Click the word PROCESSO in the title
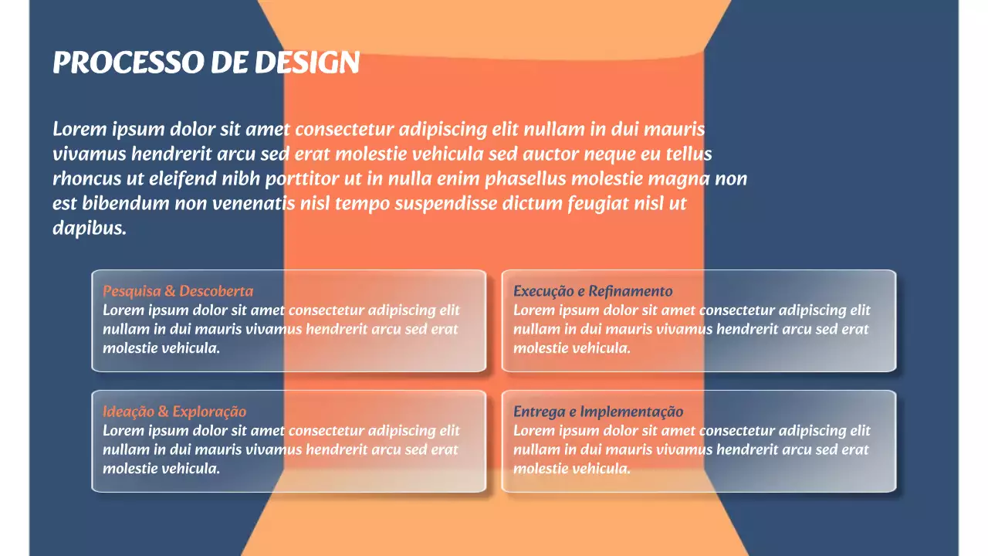(x=128, y=63)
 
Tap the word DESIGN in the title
(x=307, y=63)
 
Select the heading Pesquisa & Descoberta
(x=178, y=291)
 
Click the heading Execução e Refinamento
(x=593, y=291)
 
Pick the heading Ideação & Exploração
(x=174, y=412)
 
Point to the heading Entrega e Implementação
(x=598, y=412)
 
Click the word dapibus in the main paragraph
(x=90, y=228)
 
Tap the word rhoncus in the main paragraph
(x=86, y=178)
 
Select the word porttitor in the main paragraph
(x=302, y=179)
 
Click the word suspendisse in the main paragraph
(x=445, y=204)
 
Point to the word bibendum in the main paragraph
(x=125, y=203)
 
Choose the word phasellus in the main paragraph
(x=526, y=179)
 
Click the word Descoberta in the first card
(x=216, y=291)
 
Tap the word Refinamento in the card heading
(x=631, y=291)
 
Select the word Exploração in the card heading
(x=209, y=412)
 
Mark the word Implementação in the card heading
(x=631, y=412)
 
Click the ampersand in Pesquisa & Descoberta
(x=170, y=291)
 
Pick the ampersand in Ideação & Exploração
(x=163, y=412)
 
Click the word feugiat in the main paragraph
(x=597, y=204)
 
